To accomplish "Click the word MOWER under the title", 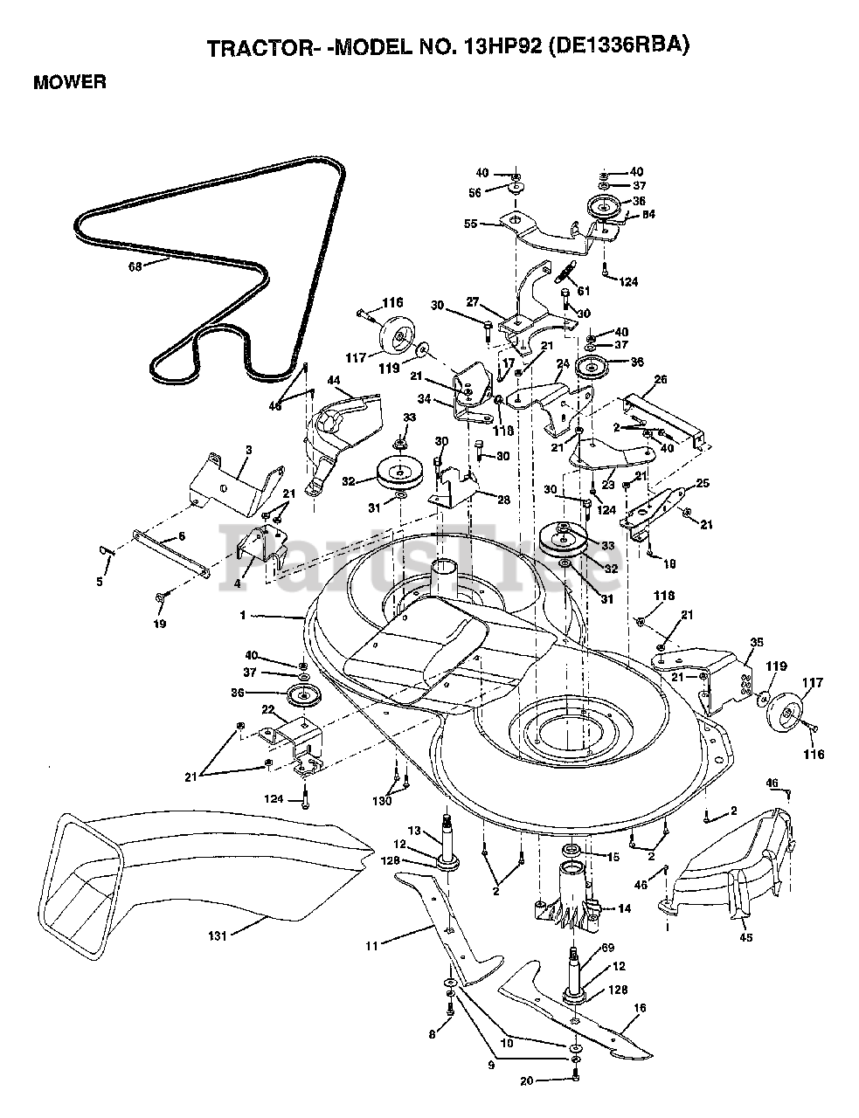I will pyautogui.click(x=69, y=83).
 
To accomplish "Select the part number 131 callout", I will pyautogui.click(x=218, y=936).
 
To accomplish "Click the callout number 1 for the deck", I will pyautogui.click(x=244, y=616).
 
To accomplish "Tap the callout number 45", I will pyautogui.click(x=746, y=939).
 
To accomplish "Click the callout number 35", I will pyautogui.click(x=756, y=641).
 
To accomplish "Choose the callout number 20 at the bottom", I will pyautogui.click(x=526, y=1080).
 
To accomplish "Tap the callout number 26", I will pyautogui.click(x=660, y=380).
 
